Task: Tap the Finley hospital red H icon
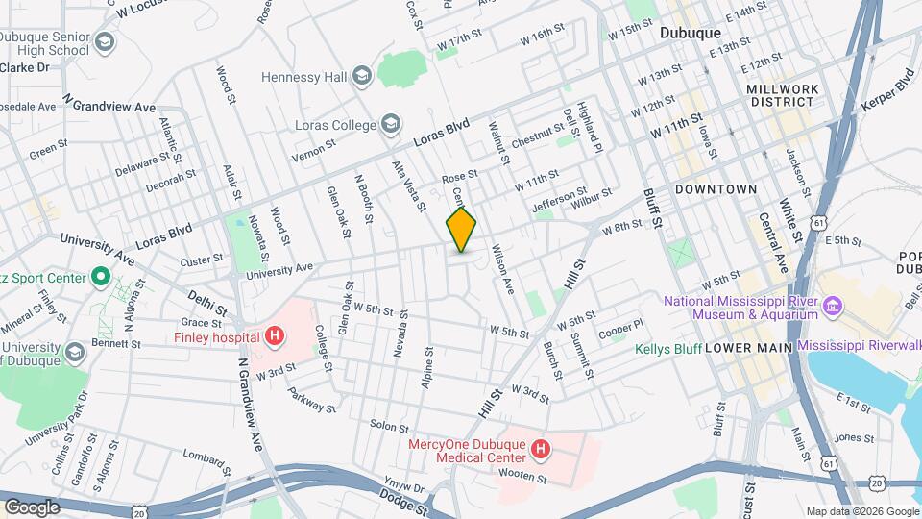(276, 337)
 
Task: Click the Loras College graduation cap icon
(390, 123)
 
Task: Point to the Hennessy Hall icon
(361, 75)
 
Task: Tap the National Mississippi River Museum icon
(833, 307)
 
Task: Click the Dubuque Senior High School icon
(104, 42)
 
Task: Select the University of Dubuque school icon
(73, 353)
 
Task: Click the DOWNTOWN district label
(716, 189)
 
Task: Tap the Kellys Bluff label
(667, 347)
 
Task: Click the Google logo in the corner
(31, 507)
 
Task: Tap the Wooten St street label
(522, 478)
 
